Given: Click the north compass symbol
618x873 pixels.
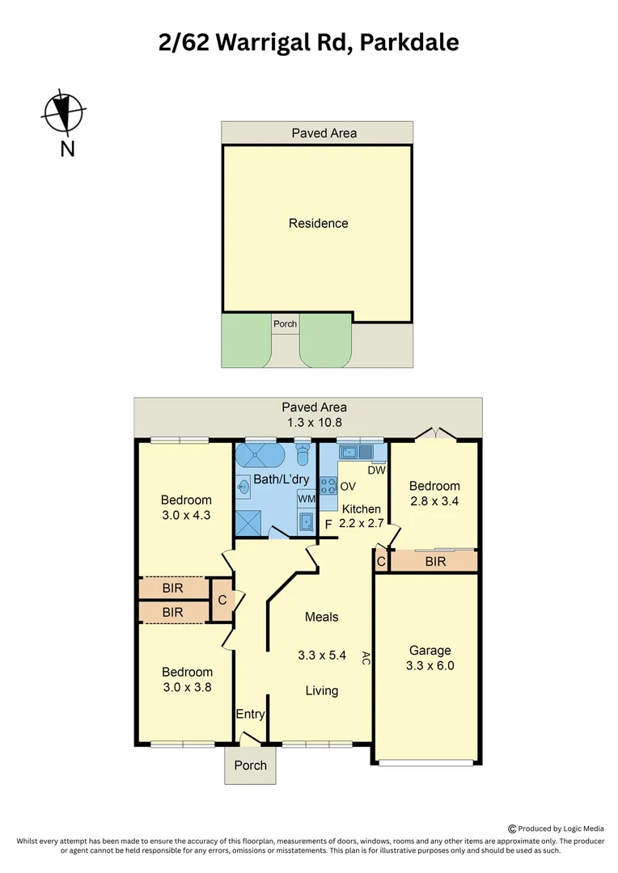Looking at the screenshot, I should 63,113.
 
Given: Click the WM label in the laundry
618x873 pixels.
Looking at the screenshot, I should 307,500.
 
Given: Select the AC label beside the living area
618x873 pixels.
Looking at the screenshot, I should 366,658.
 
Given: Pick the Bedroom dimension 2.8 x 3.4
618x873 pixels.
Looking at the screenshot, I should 434,501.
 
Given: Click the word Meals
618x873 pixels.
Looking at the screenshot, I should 321,617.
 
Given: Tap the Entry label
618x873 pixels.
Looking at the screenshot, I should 250,714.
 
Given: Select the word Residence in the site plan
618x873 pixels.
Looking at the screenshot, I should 318,223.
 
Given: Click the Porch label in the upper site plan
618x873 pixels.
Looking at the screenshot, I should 285,324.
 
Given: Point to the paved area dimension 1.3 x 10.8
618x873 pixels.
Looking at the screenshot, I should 313,422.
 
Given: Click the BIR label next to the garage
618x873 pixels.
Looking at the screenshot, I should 435,560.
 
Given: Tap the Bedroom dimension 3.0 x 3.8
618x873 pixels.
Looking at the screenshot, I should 187,688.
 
